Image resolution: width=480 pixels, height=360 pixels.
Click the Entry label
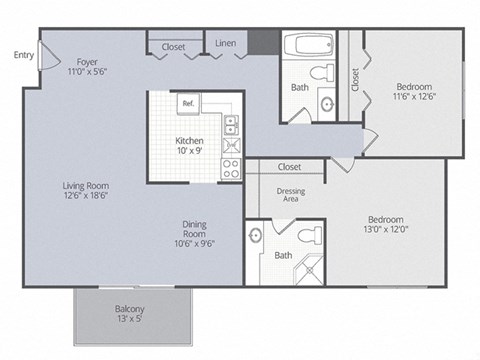tap(22, 55)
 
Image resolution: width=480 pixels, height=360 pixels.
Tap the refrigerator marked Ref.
tap(187, 102)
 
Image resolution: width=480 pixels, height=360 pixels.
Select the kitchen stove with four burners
tap(230, 167)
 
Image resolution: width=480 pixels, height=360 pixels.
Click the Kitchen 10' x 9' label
tap(190, 146)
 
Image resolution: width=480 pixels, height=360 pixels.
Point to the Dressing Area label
tap(291, 194)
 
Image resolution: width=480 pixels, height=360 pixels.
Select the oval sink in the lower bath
tap(255, 236)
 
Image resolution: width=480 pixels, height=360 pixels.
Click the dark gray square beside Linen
tap(262, 43)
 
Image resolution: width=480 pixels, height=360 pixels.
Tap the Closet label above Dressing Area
tap(289, 166)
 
